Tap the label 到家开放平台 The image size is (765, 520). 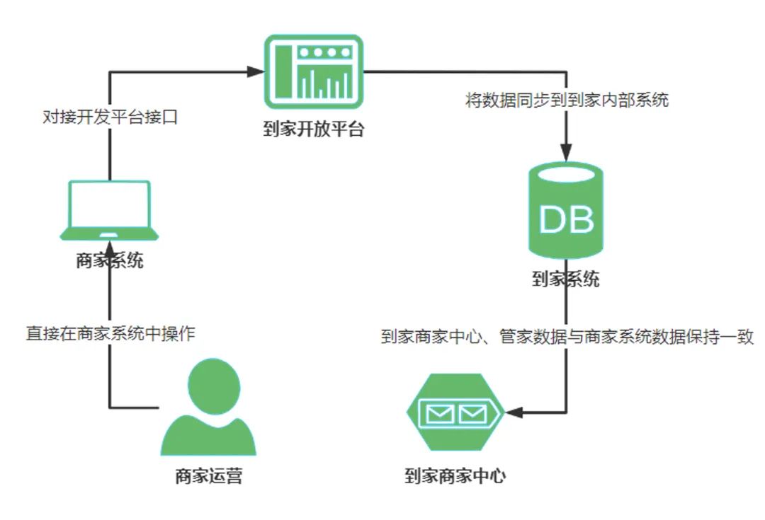click(x=313, y=130)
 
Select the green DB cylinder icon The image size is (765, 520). click(x=565, y=211)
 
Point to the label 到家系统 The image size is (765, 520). click(x=565, y=279)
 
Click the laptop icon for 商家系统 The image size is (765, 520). click(x=109, y=211)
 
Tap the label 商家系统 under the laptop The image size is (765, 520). click(x=109, y=261)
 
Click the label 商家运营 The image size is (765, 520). click(x=208, y=476)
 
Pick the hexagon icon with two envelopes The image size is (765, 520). click(x=455, y=412)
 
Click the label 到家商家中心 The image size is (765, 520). click(x=455, y=476)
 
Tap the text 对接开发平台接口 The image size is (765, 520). click(x=109, y=117)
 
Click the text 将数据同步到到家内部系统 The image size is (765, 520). click(x=567, y=100)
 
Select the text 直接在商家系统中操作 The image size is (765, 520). click(x=110, y=333)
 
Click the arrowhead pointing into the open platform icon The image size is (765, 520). click(x=255, y=71)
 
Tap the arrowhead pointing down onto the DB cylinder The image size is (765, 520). click(x=566, y=152)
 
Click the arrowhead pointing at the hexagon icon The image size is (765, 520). click(x=513, y=412)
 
